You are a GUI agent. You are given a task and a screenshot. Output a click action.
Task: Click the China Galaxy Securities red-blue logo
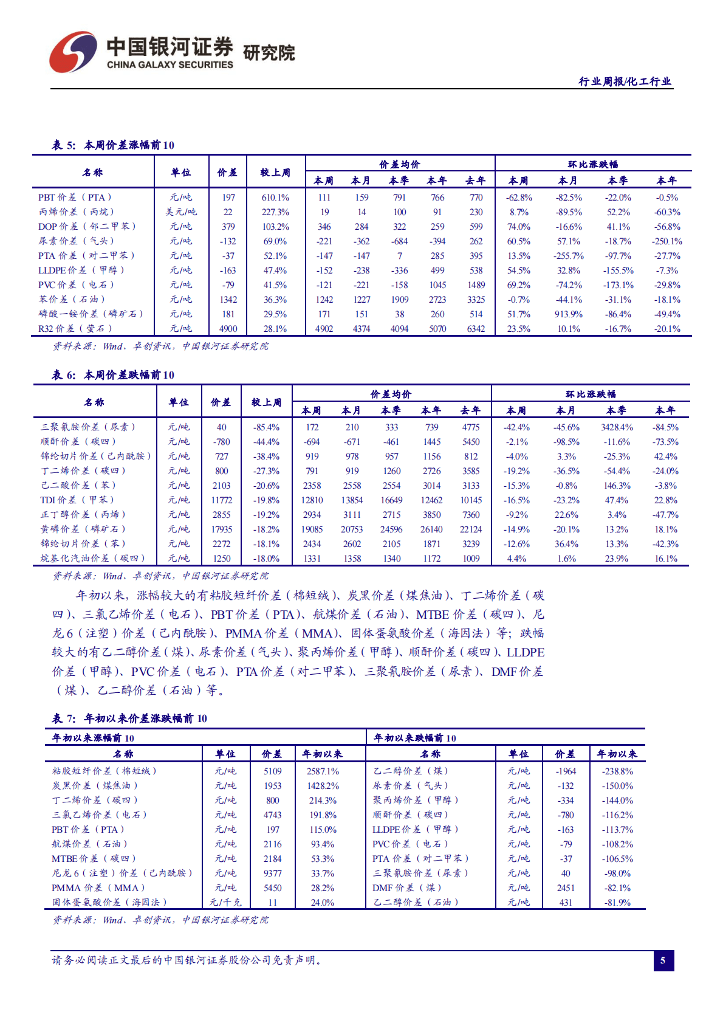point(72,52)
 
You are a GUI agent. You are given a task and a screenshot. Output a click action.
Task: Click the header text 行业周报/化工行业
point(625,81)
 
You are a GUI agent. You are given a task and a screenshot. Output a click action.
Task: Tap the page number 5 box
point(663,960)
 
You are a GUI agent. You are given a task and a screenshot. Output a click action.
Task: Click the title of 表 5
point(113,145)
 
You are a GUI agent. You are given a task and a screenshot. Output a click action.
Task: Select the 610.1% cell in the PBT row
point(275,198)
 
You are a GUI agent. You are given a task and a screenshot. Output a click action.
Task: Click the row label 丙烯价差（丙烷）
point(75,212)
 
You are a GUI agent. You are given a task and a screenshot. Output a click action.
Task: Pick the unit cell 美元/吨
point(181,212)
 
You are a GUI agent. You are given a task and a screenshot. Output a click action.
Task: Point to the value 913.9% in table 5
point(569,314)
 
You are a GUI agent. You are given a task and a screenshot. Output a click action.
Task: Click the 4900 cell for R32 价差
point(228,329)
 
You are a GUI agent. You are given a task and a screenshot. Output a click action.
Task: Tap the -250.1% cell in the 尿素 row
point(666,241)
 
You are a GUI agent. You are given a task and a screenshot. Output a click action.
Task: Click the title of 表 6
point(113,375)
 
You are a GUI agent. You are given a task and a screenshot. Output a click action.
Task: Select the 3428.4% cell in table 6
point(617,427)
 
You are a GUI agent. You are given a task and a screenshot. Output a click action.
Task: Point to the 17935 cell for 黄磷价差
point(222,529)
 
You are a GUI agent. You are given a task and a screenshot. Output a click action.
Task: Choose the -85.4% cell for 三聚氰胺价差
point(266,427)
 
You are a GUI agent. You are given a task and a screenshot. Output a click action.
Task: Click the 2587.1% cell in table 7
point(323,771)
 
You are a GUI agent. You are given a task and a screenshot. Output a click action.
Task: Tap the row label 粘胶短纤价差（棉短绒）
point(104,771)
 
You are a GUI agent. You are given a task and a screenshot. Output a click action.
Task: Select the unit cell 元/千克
point(225,903)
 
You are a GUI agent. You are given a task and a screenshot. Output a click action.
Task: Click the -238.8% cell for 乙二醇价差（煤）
point(617,771)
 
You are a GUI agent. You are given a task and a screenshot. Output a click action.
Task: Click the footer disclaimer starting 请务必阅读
point(187,960)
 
